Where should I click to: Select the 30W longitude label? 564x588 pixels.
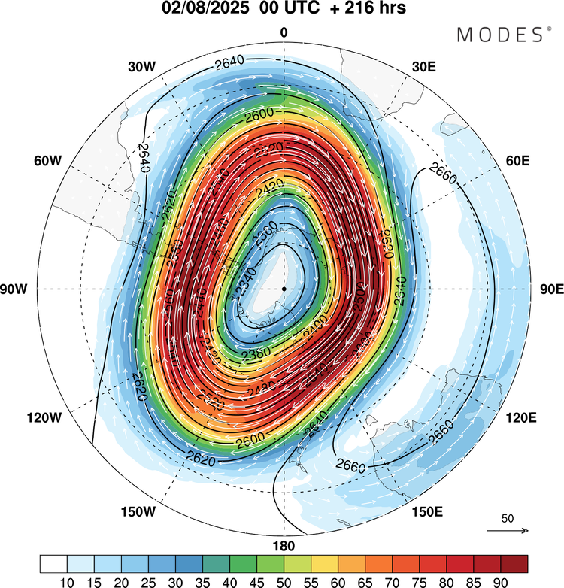click(x=141, y=67)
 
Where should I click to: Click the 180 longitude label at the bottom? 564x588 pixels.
click(x=284, y=546)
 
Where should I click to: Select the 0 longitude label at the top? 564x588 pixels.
click(x=284, y=32)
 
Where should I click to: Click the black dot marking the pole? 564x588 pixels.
click(x=284, y=289)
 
